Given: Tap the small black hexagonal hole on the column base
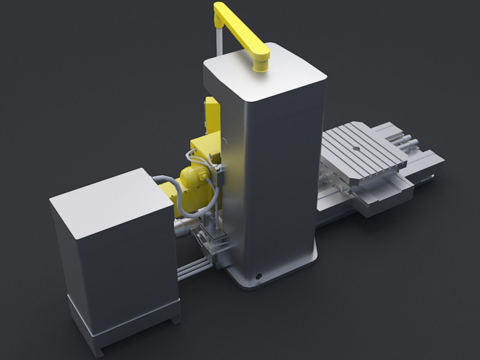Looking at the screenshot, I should point(258,276).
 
